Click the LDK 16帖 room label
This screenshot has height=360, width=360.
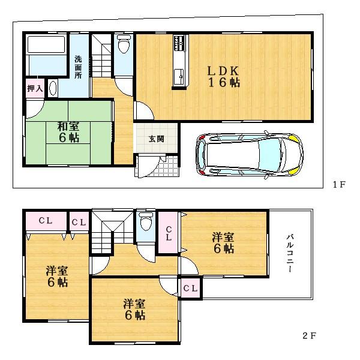(224, 76)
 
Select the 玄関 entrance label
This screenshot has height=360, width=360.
(157, 139)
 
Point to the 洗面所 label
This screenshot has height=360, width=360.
(79, 68)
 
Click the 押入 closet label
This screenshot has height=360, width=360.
(35, 89)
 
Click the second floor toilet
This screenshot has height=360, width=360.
(144, 224)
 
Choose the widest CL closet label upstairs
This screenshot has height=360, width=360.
(46, 221)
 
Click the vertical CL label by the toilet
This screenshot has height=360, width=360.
(169, 233)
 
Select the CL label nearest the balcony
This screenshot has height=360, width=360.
(191, 289)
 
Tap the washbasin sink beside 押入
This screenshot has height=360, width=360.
(52, 89)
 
